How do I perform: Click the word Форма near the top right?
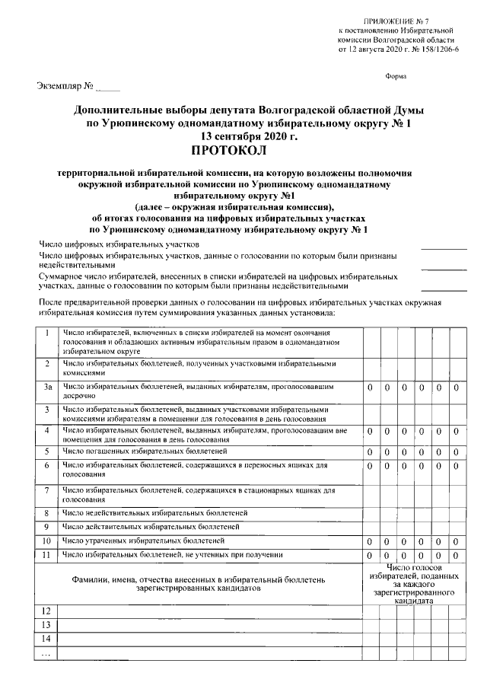click(x=396, y=76)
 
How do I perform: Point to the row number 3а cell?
click(x=47, y=388)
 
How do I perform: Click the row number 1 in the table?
click(x=47, y=333)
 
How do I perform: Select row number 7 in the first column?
click(x=47, y=490)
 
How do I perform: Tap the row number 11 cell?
click(x=47, y=554)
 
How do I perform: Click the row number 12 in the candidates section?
click(x=47, y=611)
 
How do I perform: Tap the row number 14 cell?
click(x=47, y=639)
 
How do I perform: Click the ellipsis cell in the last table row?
click(x=47, y=653)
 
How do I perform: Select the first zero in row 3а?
click(x=370, y=388)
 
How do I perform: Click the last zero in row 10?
click(x=455, y=541)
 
